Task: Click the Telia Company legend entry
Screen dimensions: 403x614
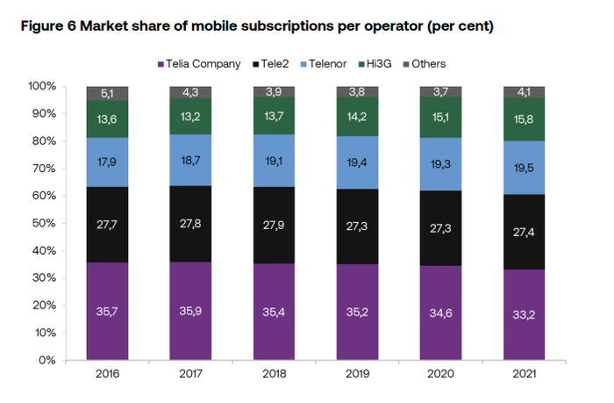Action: point(197,64)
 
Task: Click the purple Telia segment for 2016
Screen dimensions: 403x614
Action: point(108,311)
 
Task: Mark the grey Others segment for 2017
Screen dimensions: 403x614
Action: point(190,92)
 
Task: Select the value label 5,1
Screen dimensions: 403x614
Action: point(108,92)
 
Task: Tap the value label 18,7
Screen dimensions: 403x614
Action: point(190,158)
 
